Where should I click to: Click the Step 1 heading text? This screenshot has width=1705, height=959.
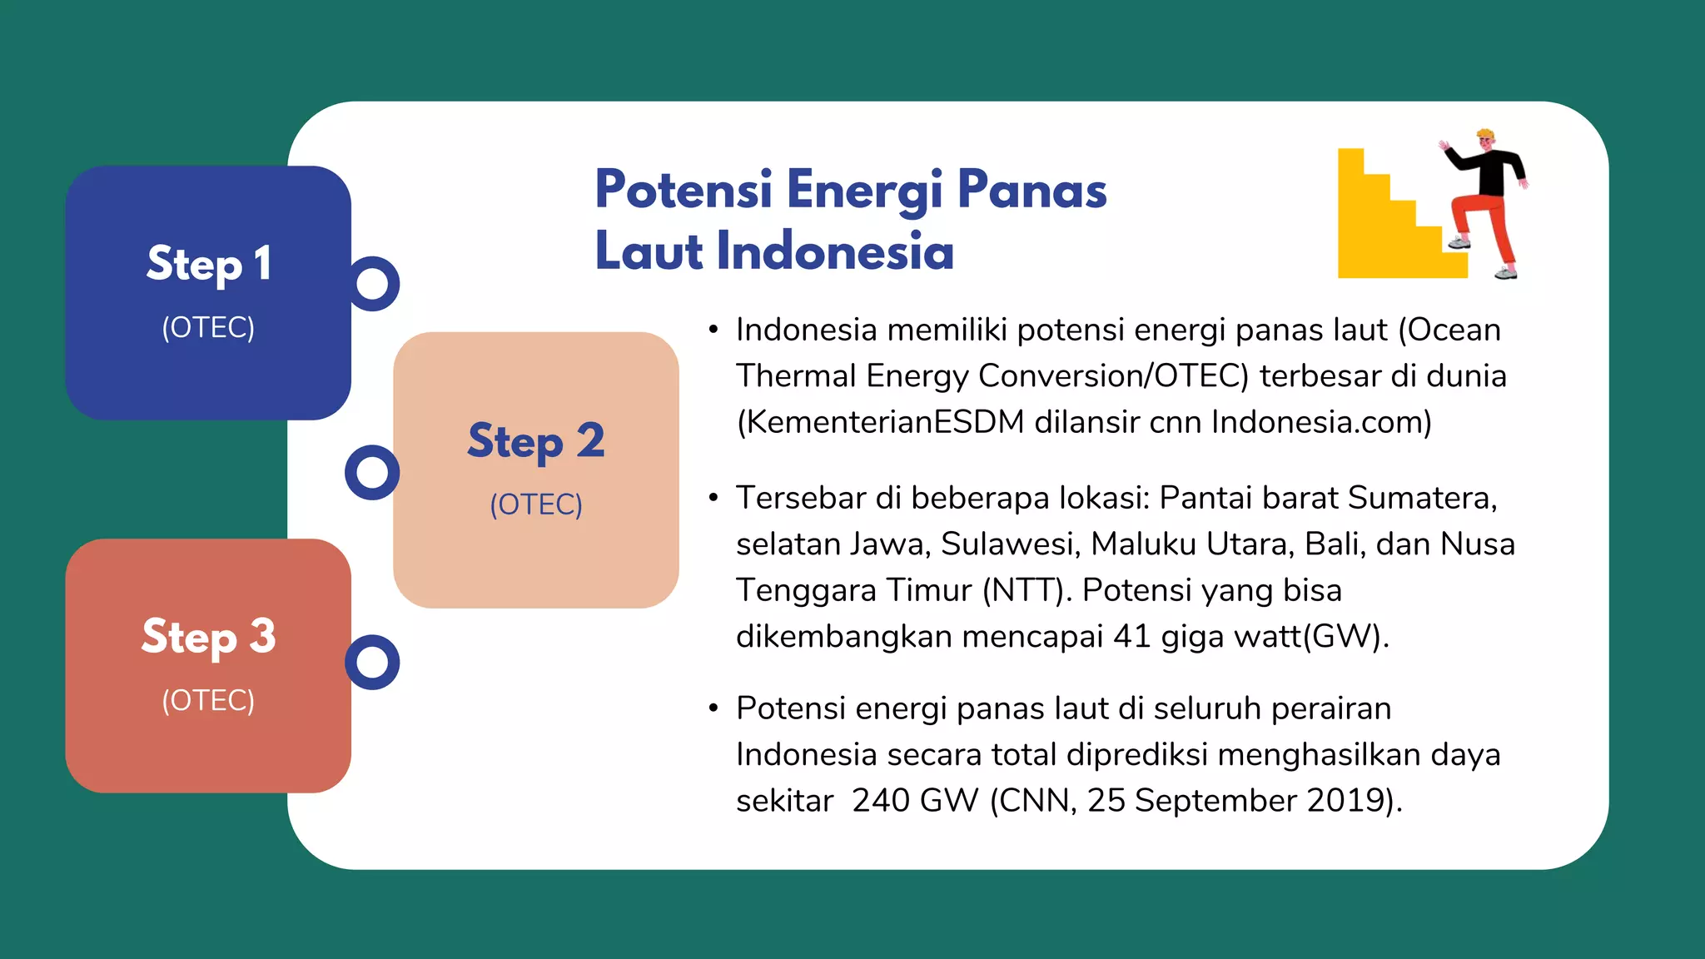[x=208, y=264]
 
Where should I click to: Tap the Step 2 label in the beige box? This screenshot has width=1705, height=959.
[x=535, y=441]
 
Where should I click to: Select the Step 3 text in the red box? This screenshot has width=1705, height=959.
[x=208, y=637]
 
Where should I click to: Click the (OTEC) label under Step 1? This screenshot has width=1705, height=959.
[x=208, y=328]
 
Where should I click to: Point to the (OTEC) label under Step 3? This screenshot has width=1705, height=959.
[x=208, y=701]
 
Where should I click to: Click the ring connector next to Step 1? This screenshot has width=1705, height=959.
[x=372, y=284]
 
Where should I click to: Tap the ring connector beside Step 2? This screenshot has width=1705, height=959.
[x=372, y=473]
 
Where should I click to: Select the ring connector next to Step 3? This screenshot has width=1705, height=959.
[x=372, y=663]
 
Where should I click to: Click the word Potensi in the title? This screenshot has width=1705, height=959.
[x=683, y=190]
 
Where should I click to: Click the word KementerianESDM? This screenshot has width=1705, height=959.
[x=883, y=422]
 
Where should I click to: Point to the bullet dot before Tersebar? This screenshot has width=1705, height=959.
[x=713, y=499]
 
